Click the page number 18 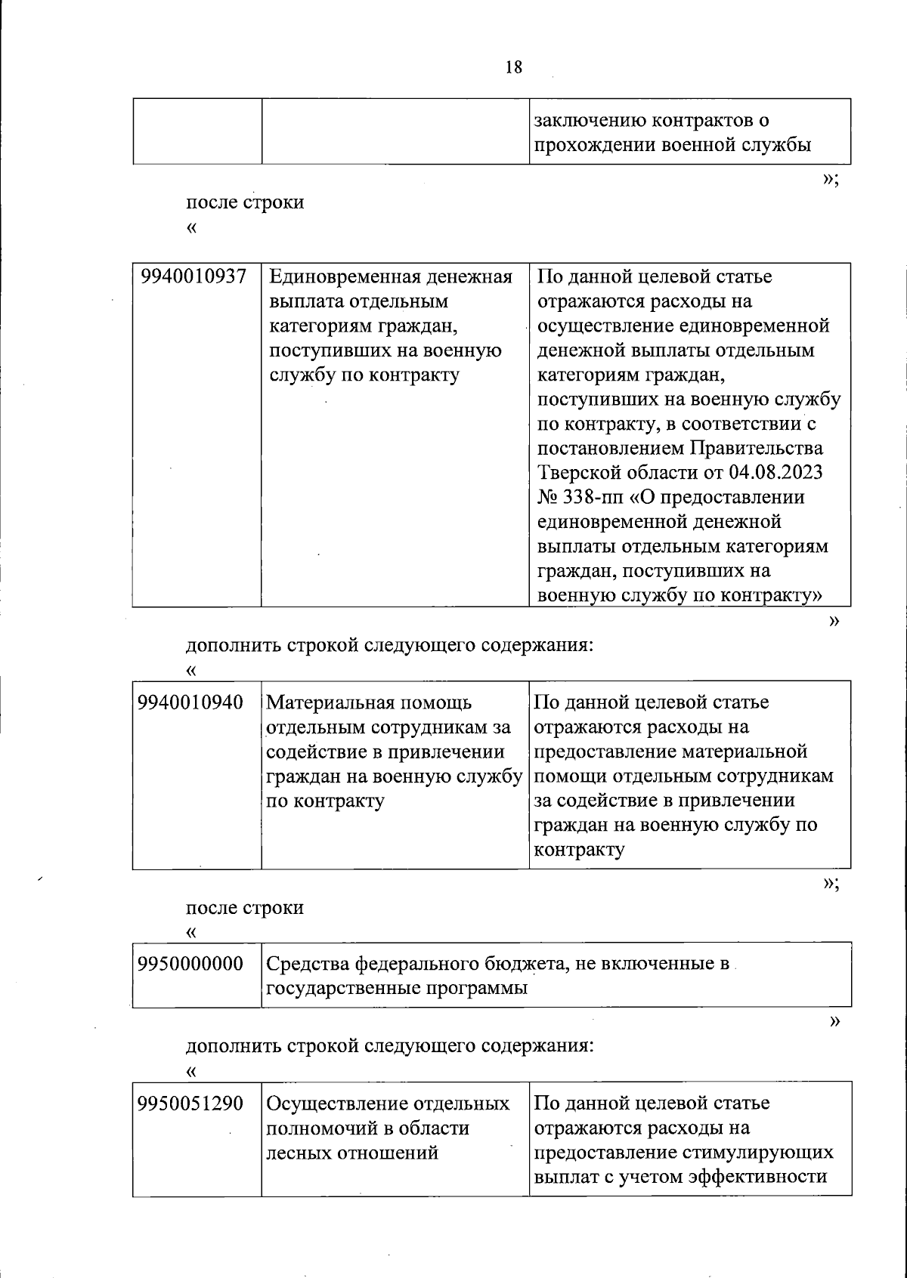click(x=512, y=67)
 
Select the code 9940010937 click(x=194, y=277)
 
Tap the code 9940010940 click(x=190, y=702)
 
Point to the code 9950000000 click(x=190, y=964)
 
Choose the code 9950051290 click(x=190, y=1104)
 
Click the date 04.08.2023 click(x=776, y=473)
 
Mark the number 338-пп click(x=597, y=498)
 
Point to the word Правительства click(x=757, y=449)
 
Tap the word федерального click(x=416, y=964)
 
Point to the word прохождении click(x=595, y=146)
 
